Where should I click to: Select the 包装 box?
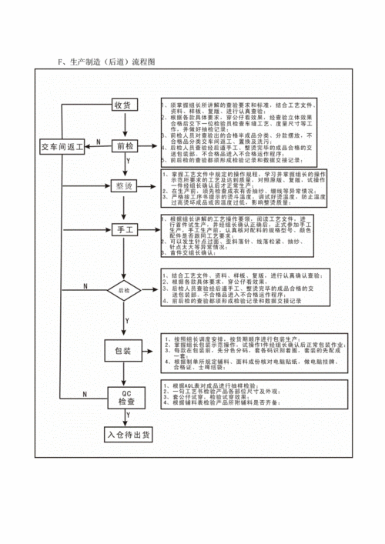[123, 350]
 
